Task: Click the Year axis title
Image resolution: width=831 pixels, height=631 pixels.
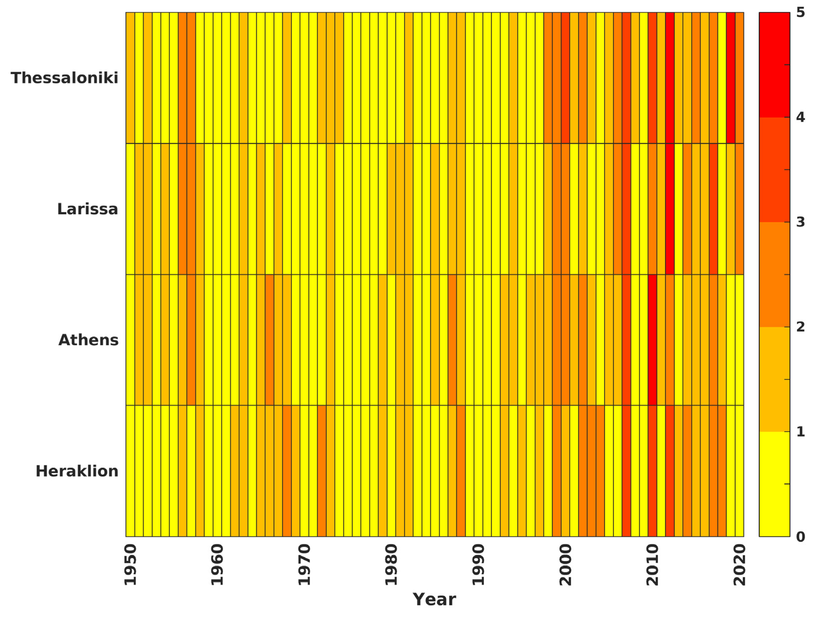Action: point(434,599)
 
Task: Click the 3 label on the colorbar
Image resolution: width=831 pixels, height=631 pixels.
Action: point(800,222)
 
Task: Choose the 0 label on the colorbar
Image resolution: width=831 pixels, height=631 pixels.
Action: point(800,537)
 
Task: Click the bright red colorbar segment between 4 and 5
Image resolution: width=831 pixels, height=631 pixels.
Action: point(774,65)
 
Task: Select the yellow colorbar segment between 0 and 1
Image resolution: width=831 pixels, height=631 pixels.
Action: point(774,485)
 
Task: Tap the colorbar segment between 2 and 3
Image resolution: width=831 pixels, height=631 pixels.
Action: point(774,275)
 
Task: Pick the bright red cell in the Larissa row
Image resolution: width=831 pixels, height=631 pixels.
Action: point(670,209)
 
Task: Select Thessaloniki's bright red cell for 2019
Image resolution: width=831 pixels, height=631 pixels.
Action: point(730,78)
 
